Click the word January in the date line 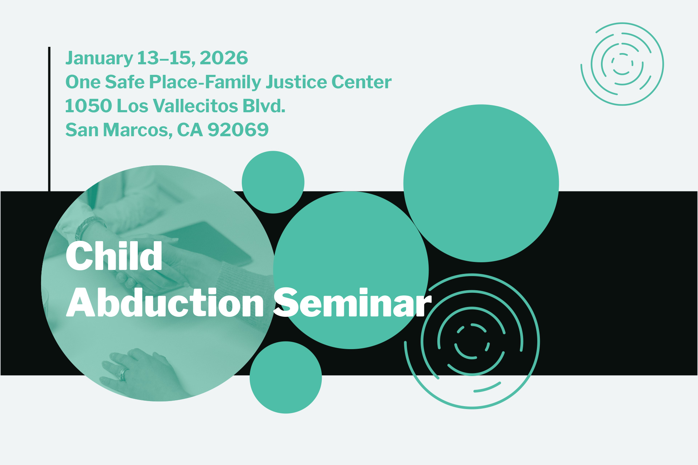pos(99,58)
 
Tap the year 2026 pos(224,58)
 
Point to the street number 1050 pos(88,106)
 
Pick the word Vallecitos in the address pos(195,106)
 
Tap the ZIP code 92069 pos(238,130)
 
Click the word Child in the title pos(114,256)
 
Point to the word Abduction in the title pos(165,303)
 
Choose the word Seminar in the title pos(352,303)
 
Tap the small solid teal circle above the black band pos(273,182)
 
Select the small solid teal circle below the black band pos(286,377)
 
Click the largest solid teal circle pos(481,183)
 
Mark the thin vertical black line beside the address pos(49,119)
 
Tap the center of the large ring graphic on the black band pos(472,341)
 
